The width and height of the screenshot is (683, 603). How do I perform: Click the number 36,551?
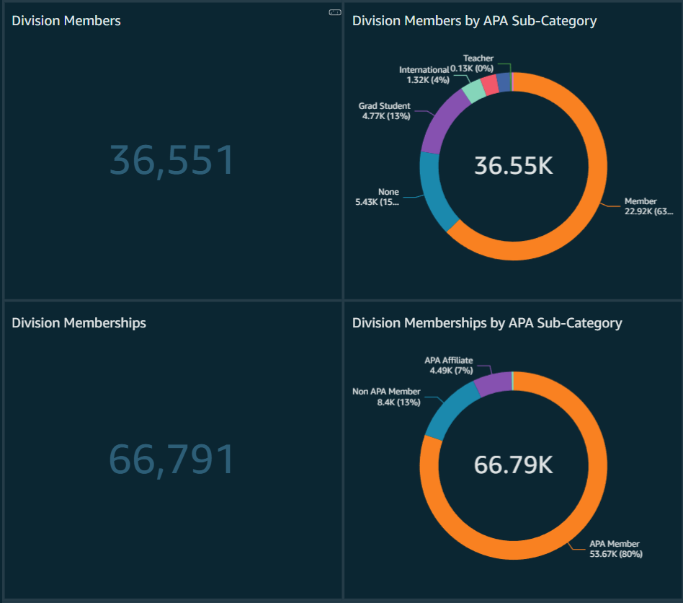[x=171, y=160]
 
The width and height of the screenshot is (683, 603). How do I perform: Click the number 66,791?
[x=171, y=459]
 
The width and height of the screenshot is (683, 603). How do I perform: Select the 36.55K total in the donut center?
[x=513, y=166]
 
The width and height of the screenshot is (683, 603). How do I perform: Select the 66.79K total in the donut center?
[x=513, y=465]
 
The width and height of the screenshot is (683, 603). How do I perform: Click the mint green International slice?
[x=473, y=91]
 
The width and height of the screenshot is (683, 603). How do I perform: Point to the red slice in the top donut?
[x=490, y=84]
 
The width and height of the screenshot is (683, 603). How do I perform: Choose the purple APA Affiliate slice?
[x=493, y=383]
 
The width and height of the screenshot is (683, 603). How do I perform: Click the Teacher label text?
[x=478, y=58]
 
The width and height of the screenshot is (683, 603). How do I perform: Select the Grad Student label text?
[x=385, y=106]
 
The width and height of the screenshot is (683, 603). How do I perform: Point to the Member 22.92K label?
[x=647, y=206]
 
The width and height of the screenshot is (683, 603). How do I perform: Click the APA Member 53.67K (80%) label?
[x=615, y=549]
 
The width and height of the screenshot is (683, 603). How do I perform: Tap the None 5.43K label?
[x=378, y=198]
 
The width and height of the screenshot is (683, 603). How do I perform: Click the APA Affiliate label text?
[x=448, y=360]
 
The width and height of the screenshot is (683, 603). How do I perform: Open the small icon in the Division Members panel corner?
[x=334, y=12]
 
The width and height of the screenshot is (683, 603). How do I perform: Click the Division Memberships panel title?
[x=79, y=323]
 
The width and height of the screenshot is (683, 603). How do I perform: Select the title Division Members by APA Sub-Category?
[x=474, y=21]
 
